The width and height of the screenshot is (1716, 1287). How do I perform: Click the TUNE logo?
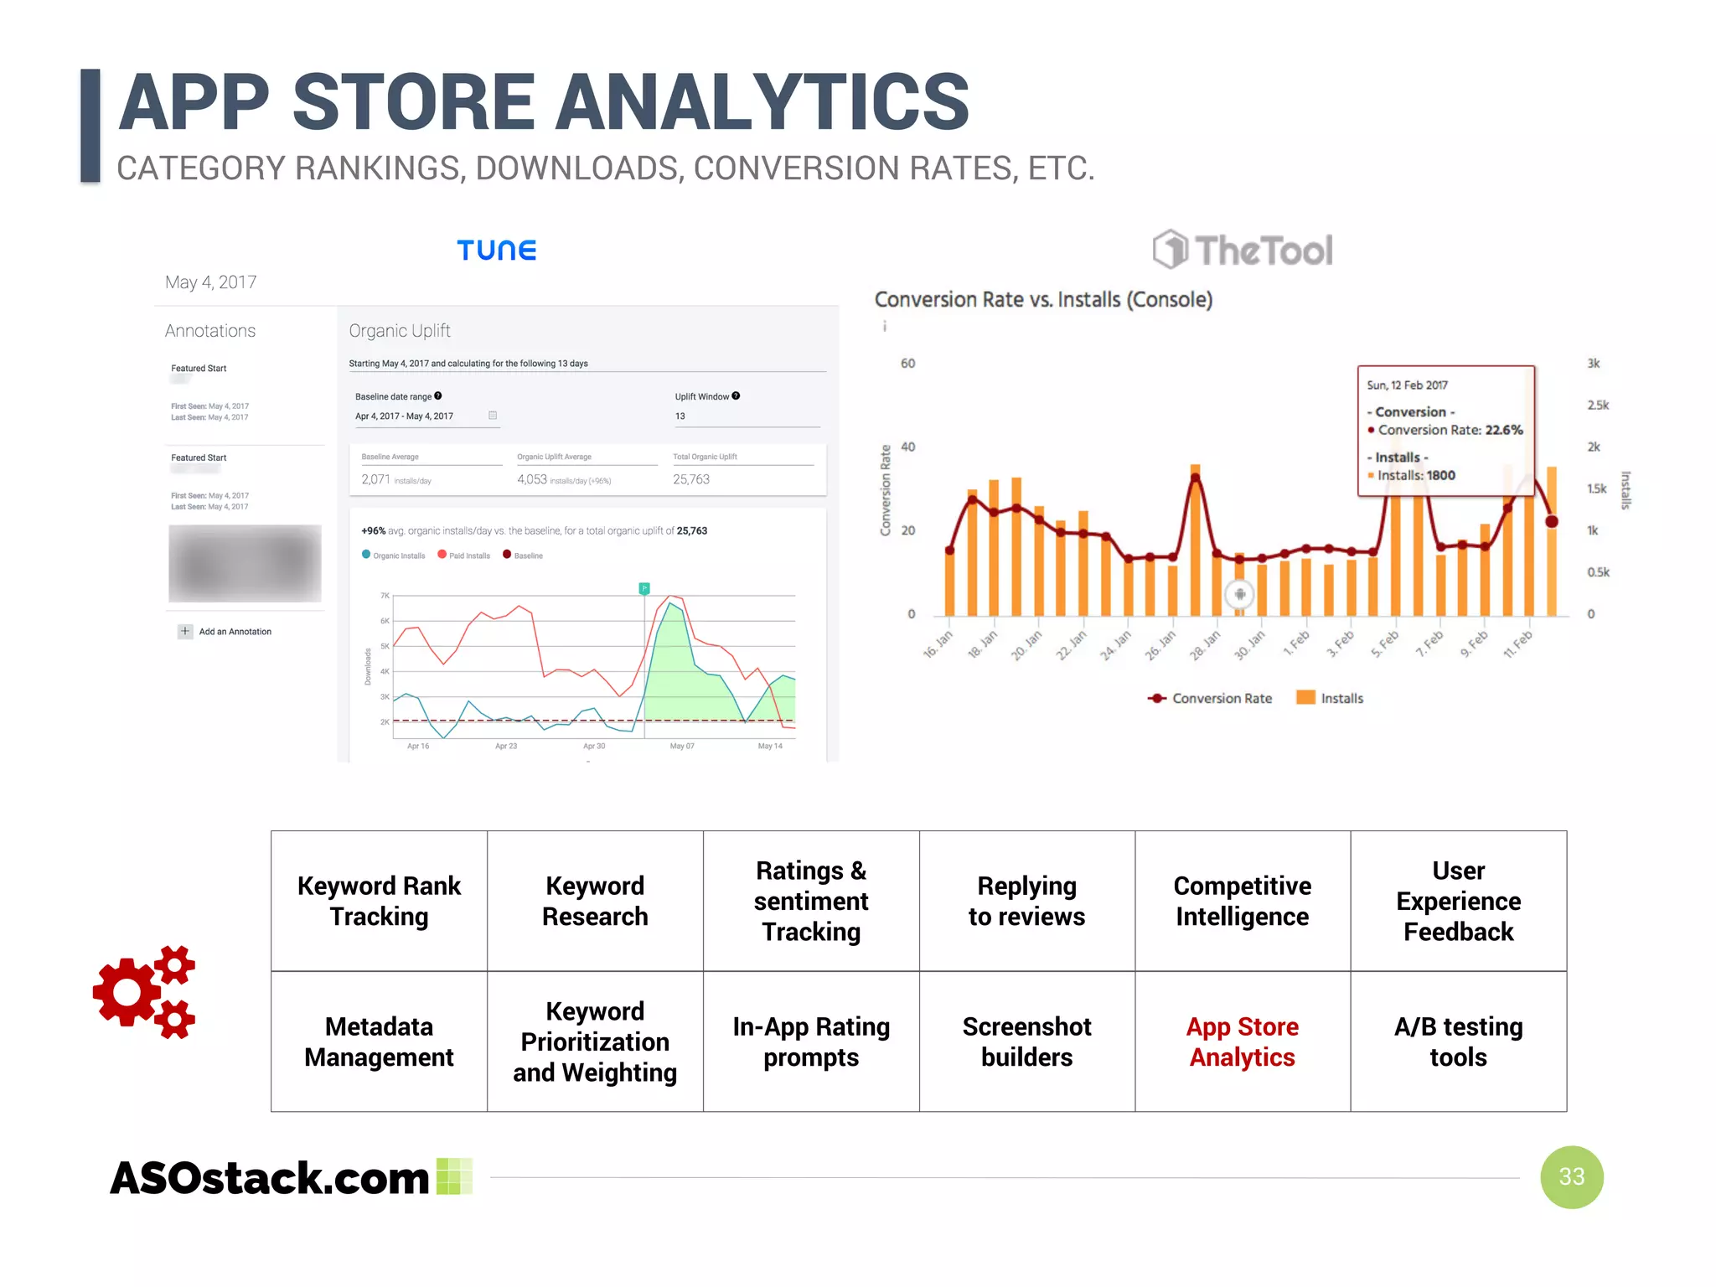click(x=496, y=250)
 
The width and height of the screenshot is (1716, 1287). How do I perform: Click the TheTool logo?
click(x=1243, y=250)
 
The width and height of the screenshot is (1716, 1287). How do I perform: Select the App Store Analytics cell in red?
click(x=1243, y=1041)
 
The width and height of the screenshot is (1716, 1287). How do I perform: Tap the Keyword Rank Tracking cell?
click(x=379, y=901)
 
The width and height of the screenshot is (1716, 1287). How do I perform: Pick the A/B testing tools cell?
click(x=1458, y=1041)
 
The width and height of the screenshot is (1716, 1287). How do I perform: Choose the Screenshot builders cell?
click(x=1026, y=1041)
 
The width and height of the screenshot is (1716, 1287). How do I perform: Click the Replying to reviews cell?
click(x=1026, y=901)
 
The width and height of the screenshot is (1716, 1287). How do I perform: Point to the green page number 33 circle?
click(x=1571, y=1176)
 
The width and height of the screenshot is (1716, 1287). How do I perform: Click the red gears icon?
click(x=144, y=992)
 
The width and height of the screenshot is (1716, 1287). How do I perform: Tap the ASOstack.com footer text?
click(x=270, y=1178)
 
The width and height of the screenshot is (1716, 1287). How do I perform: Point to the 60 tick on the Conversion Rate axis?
click(x=907, y=364)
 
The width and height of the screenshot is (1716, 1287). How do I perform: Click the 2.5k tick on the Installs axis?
click(x=1598, y=406)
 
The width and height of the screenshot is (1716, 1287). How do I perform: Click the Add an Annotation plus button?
click(x=185, y=631)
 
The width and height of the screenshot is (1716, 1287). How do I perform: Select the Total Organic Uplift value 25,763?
click(x=691, y=479)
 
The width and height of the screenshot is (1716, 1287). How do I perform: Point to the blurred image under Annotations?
click(x=245, y=563)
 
